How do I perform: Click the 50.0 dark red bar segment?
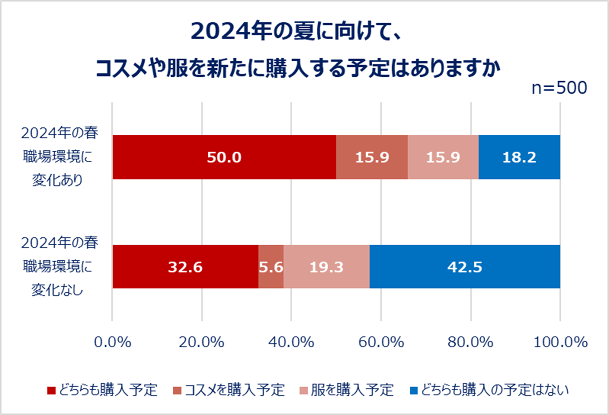tap(224, 157)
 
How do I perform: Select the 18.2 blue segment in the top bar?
tap(519, 157)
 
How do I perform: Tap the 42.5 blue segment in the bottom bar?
tap(465, 267)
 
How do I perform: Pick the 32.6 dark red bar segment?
tap(185, 267)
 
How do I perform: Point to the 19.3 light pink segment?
tap(326, 267)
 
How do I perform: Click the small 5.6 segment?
tap(271, 267)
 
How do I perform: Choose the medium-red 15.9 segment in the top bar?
tap(372, 157)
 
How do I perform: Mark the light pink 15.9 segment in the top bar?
tap(443, 157)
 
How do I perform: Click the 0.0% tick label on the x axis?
tap(113, 342)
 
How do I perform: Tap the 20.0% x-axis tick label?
tap(201, 342)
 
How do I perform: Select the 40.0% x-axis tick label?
tap(291, 342)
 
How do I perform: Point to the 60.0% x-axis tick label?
tap(381, 342)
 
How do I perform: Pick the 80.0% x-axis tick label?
tap(471, 342)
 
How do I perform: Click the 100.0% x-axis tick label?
tap(560, 342)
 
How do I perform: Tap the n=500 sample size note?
tap(559, 88)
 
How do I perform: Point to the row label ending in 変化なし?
tap(59, 267)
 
